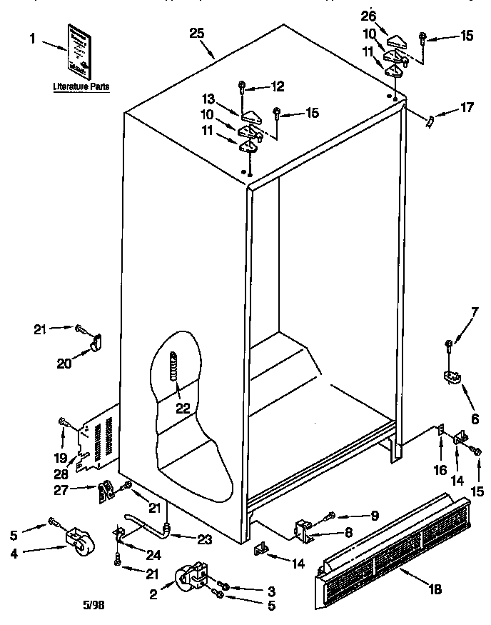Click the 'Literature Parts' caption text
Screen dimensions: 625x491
(81, 86)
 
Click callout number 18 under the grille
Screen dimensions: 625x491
(435, 589)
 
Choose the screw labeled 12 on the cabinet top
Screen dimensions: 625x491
(243, 88)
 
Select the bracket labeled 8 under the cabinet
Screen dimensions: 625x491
(303, 529)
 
